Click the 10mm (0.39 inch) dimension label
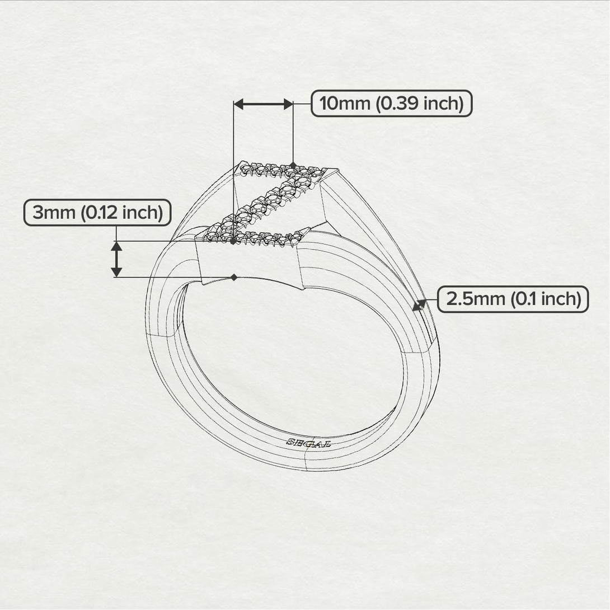(x=391, y=104)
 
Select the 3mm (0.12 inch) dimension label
(x=97, y=213)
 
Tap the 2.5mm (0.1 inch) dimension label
(x=512, y=299)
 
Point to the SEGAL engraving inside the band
(x=308, y=442)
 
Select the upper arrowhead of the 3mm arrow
(x=116, y=246)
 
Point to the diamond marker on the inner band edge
(x=234, y=277)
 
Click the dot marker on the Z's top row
(x=293, y=165)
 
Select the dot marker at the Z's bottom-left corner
(x=233, y=241)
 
